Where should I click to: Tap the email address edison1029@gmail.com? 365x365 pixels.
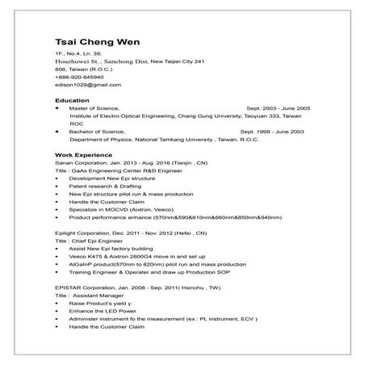[87, 85]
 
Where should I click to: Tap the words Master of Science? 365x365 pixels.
[94, 107]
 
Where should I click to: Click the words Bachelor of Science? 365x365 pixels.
[97, 130]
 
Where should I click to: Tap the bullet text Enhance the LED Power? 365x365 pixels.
[103, 310]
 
